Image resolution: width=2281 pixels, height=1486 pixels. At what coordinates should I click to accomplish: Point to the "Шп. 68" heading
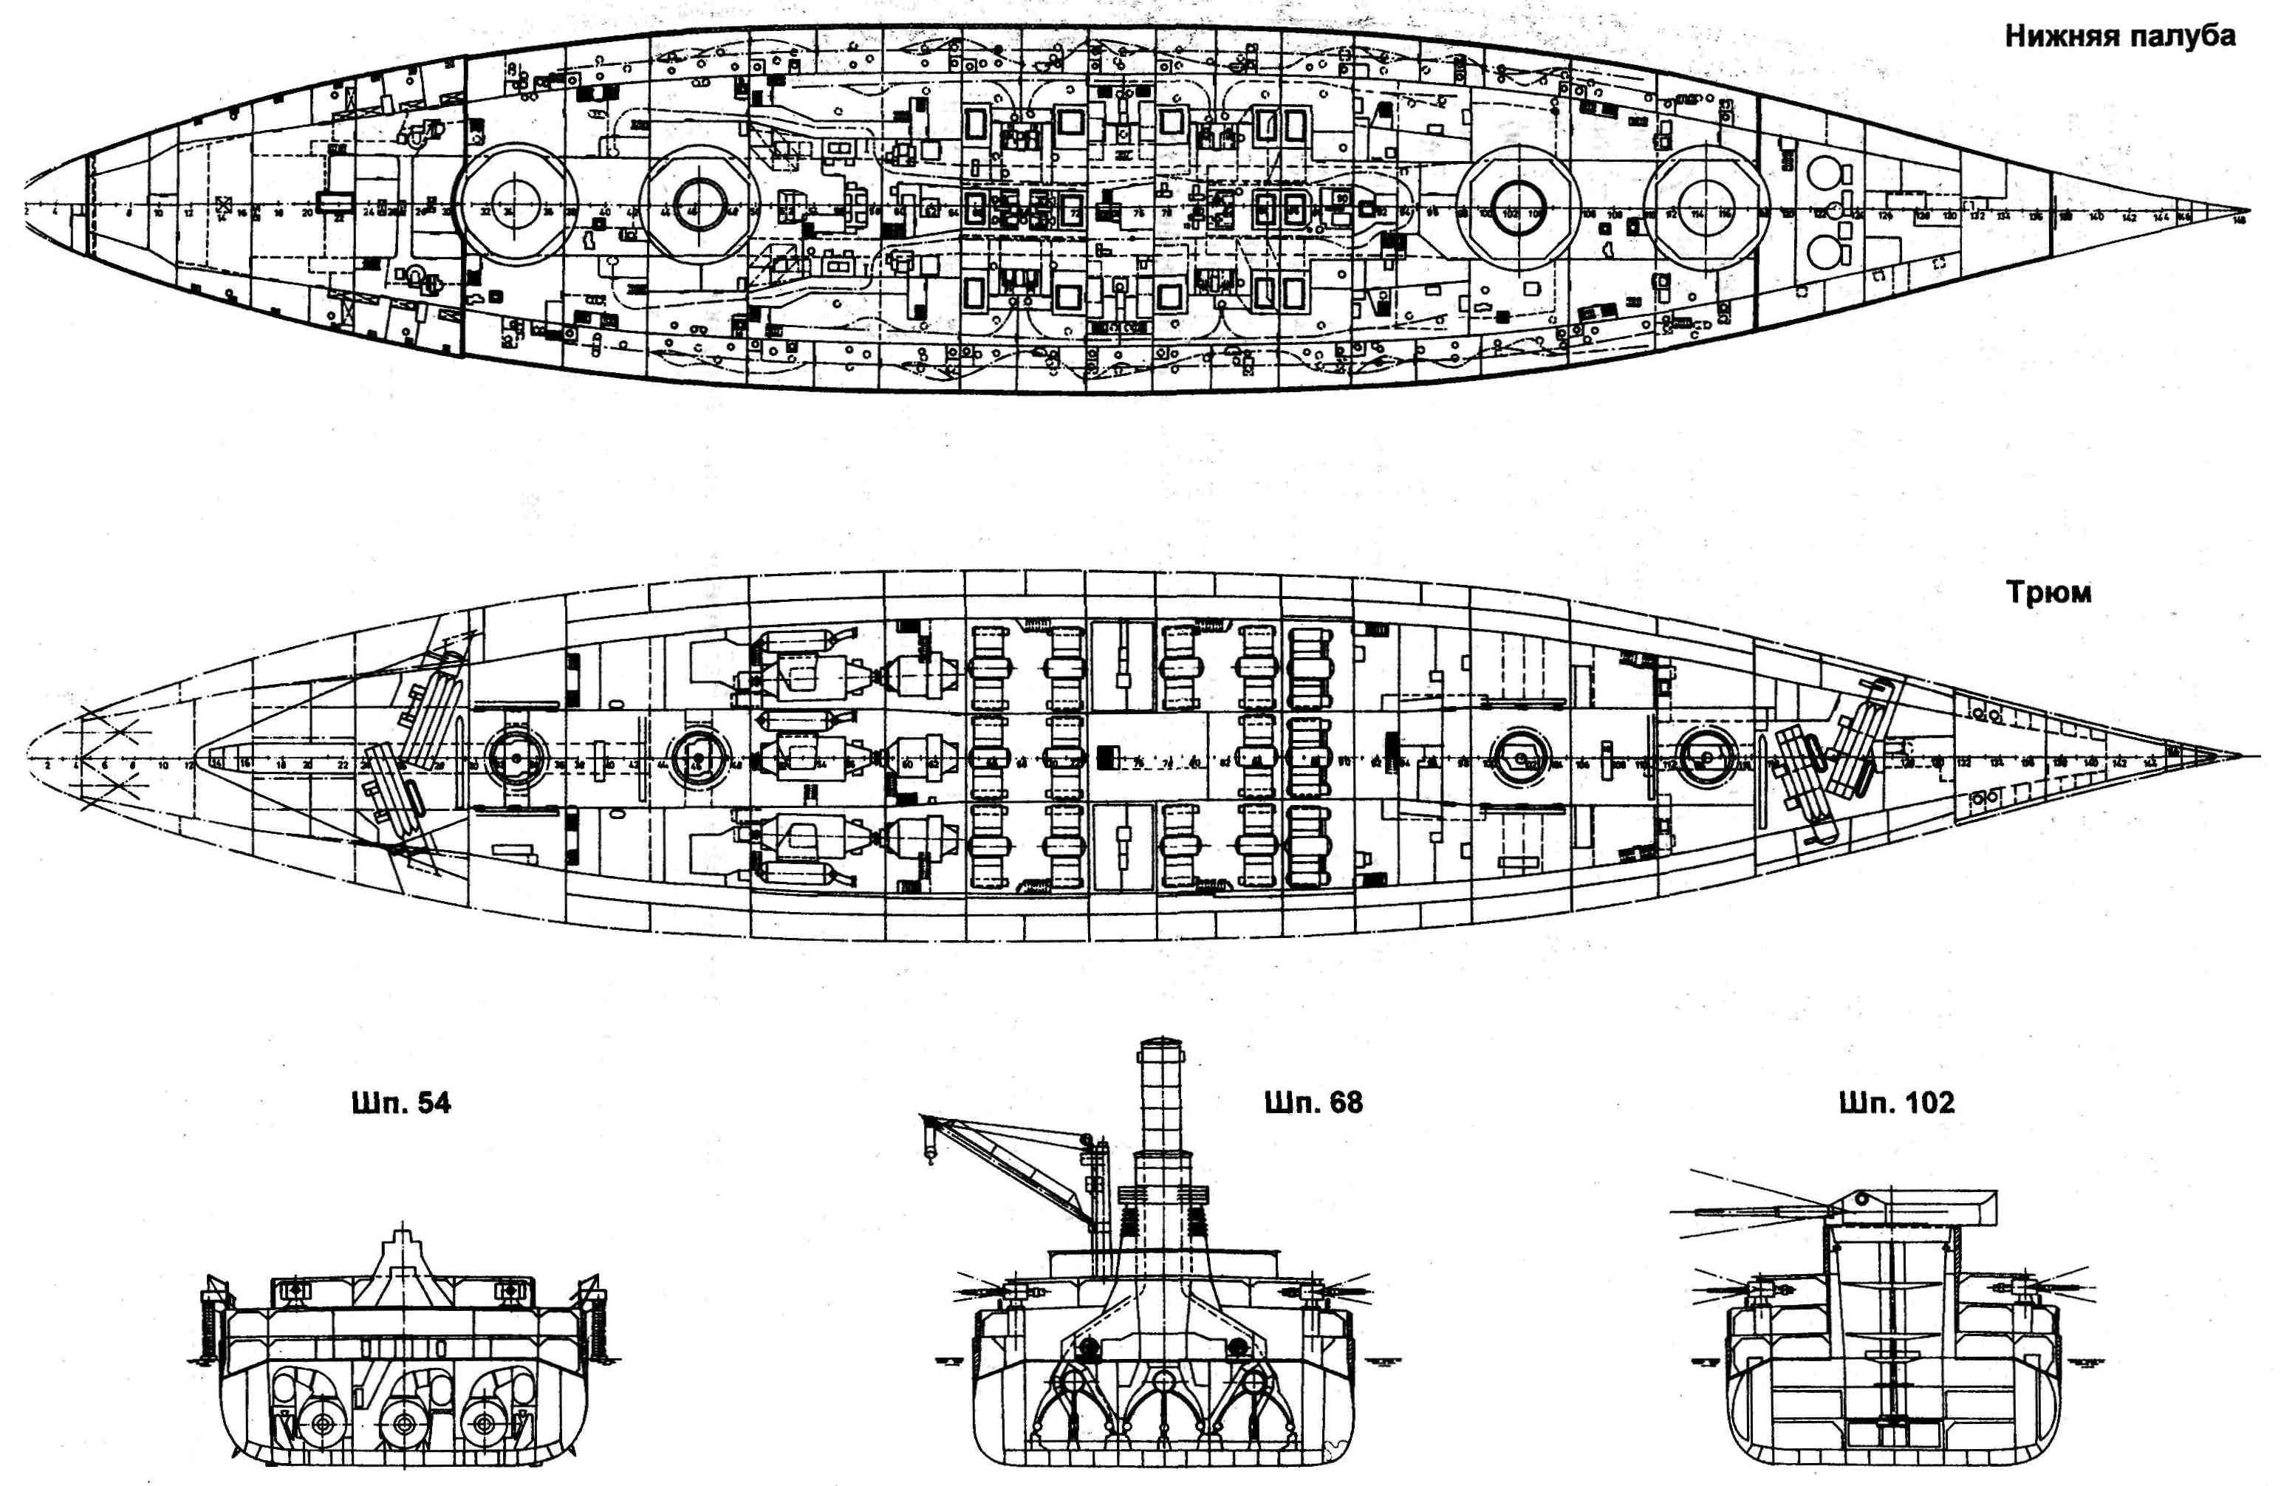coord(1313,1103)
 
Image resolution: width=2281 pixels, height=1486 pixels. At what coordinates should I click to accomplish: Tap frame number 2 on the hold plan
coord(46,765)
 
